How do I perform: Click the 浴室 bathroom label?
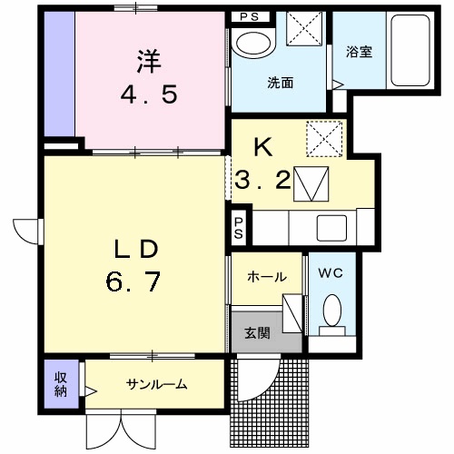(x=359, y=52)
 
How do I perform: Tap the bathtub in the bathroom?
(x=410, y=50)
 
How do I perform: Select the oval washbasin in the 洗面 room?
(x=253, y=44)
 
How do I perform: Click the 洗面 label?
(x=281, y=83)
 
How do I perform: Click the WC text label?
(x=331, y=273)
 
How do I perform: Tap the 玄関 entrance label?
(x=257, y=333)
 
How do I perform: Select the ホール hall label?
(x=267, y=277)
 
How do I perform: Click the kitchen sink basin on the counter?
(x=331, y=228)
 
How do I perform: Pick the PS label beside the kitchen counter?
(x=239, y=228)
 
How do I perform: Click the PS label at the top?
(x=250, y=17)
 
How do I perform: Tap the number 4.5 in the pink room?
(x=149, y=94)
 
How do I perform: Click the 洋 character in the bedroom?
(x=149, y=62)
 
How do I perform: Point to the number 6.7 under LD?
(x=133, y=281)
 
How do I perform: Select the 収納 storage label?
(x=61, y=384)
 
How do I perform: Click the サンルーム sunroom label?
(x=156, y=384)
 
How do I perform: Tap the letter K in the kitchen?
(x=263, y=148)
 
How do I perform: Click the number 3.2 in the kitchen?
(x=262, y=180)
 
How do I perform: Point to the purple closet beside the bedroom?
(x=59, y=74)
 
